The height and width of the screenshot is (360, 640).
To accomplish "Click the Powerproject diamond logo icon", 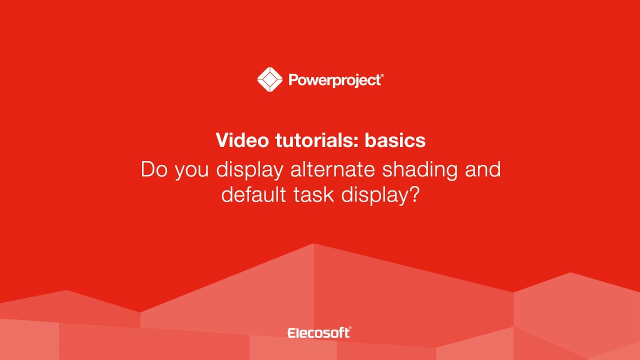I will point(269,79).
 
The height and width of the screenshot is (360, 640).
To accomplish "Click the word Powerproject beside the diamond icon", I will point(334,80).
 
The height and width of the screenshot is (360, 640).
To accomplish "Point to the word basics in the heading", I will point(395,140).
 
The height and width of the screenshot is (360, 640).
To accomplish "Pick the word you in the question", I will point(192,171).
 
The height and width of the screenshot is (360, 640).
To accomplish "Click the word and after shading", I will point(482,169).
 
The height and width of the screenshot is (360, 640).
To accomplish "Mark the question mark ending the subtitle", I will point(413,194).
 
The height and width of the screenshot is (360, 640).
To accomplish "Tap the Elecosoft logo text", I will point(318,333).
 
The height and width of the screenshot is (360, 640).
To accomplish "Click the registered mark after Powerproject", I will point(382,75).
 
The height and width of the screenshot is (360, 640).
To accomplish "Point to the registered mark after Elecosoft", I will point(350,329).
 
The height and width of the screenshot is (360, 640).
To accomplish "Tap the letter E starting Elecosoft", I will point(291,333).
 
